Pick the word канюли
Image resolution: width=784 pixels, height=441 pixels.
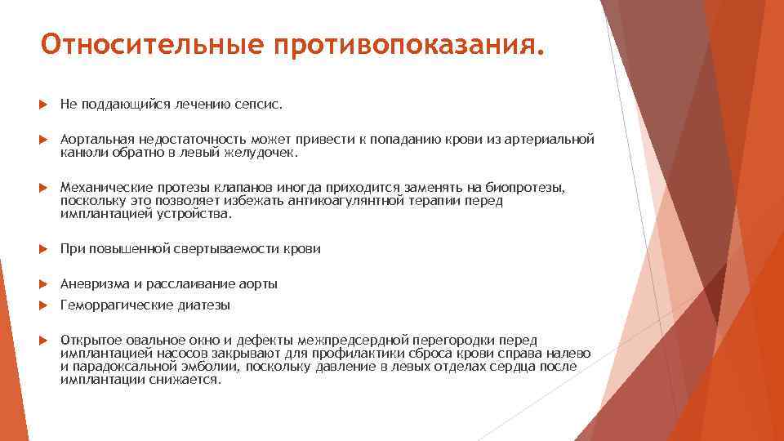click(x=79, y=152)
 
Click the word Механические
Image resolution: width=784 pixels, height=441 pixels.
click(x=100, y=189)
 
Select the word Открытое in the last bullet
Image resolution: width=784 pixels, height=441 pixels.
click(x=89, y=340)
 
